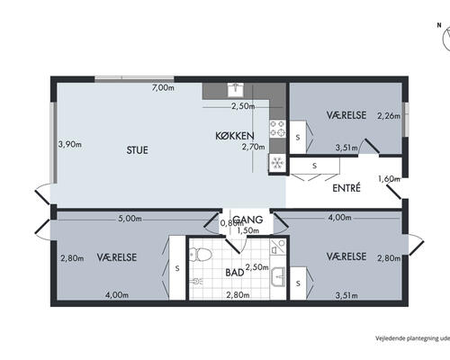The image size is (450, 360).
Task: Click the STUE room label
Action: tap(138, 150)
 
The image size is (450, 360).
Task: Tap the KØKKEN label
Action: tap(235, 136)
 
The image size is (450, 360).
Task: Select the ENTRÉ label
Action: tap(346, 188)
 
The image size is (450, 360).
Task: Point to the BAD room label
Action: tap(235, 273)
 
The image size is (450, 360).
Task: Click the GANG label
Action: tap(247, 220)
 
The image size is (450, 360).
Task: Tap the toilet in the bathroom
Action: tap(201, 255)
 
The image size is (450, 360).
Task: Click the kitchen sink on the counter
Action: tap(236, 90)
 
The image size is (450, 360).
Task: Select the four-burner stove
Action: tap(277, 129)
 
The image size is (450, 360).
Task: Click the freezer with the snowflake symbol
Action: tap(277, 163)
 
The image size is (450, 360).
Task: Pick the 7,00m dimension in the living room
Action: tap(163, 88)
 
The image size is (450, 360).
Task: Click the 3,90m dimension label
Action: tap(70, 144)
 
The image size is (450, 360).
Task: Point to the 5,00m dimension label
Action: tap(130, 219)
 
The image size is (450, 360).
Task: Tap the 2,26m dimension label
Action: tap(389, 116)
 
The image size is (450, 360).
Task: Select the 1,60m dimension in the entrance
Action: tap(389, 179)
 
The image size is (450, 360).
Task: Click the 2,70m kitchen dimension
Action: tap(254, 147)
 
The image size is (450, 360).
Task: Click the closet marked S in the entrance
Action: tap(314, 166)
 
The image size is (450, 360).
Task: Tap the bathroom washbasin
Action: tap(279, 276)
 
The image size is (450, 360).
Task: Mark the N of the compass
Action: tap(439, 25)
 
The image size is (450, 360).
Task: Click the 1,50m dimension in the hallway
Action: tap(248, 230)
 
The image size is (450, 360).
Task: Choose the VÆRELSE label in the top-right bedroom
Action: tap(346, 115)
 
